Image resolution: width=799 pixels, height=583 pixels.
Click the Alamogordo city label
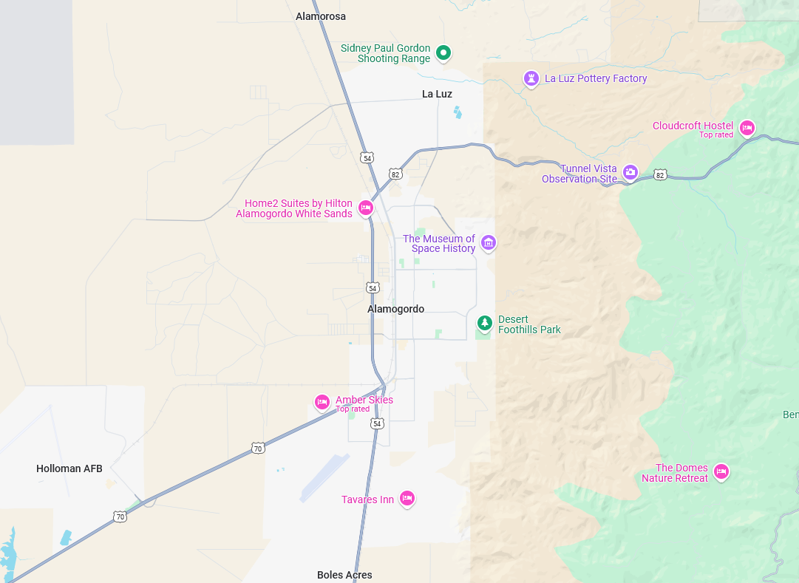(395, 309)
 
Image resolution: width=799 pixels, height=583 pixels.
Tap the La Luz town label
(437, 94)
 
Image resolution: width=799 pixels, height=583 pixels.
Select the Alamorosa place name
(320, 16)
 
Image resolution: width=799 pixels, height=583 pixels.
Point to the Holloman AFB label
(69, 468)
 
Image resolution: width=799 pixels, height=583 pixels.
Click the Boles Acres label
(344, 575)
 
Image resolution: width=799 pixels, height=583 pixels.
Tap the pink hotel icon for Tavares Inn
(407, 499)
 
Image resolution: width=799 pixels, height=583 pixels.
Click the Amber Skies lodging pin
(322, 401)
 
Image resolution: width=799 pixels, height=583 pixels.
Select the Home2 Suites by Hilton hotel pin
(365, 208)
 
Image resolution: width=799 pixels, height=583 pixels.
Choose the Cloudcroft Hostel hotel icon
(747, 128)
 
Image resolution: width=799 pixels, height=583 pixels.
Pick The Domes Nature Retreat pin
(721, 471)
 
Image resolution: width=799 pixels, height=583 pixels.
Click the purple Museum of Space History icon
(488, 242)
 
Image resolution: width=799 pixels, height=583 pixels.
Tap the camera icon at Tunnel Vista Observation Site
(630, 172)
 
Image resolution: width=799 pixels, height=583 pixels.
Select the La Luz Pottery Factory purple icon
(531, 78)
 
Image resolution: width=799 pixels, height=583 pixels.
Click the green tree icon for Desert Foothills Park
(484, 323)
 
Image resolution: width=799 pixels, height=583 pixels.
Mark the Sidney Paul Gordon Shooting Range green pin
(443, 52)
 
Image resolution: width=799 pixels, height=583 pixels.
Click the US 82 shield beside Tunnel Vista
(660, 174)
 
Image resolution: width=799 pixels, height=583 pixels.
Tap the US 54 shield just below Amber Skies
(378, 423)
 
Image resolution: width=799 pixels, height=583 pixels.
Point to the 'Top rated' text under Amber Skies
(353, 409)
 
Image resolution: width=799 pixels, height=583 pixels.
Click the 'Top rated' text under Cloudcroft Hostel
(716, 135)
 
